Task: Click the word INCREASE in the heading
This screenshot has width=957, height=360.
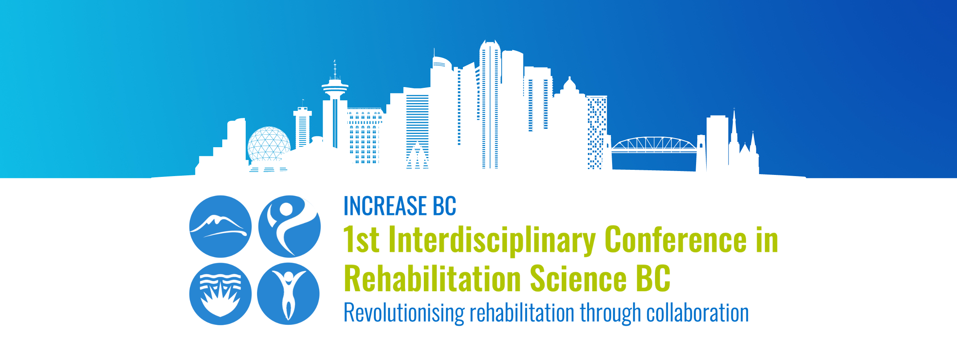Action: coord(385,206)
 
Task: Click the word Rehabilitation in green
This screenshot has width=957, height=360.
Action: coord(432,278)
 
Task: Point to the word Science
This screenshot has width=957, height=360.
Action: coord(578,278)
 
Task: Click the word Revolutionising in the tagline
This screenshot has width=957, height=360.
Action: coord(404,313)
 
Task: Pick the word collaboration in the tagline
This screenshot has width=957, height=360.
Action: coord(698,313)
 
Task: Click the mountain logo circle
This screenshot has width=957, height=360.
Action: coord(220,226)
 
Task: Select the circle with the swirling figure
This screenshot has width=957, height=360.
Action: coord(289,226)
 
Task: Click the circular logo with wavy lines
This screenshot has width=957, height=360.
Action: coord(220,294)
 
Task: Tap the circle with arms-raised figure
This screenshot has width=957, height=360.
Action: coord(288,294)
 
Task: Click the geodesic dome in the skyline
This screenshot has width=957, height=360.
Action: coord(269,144)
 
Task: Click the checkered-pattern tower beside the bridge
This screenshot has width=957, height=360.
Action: coord(597,132)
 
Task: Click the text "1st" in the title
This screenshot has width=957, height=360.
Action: coord(361,239)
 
